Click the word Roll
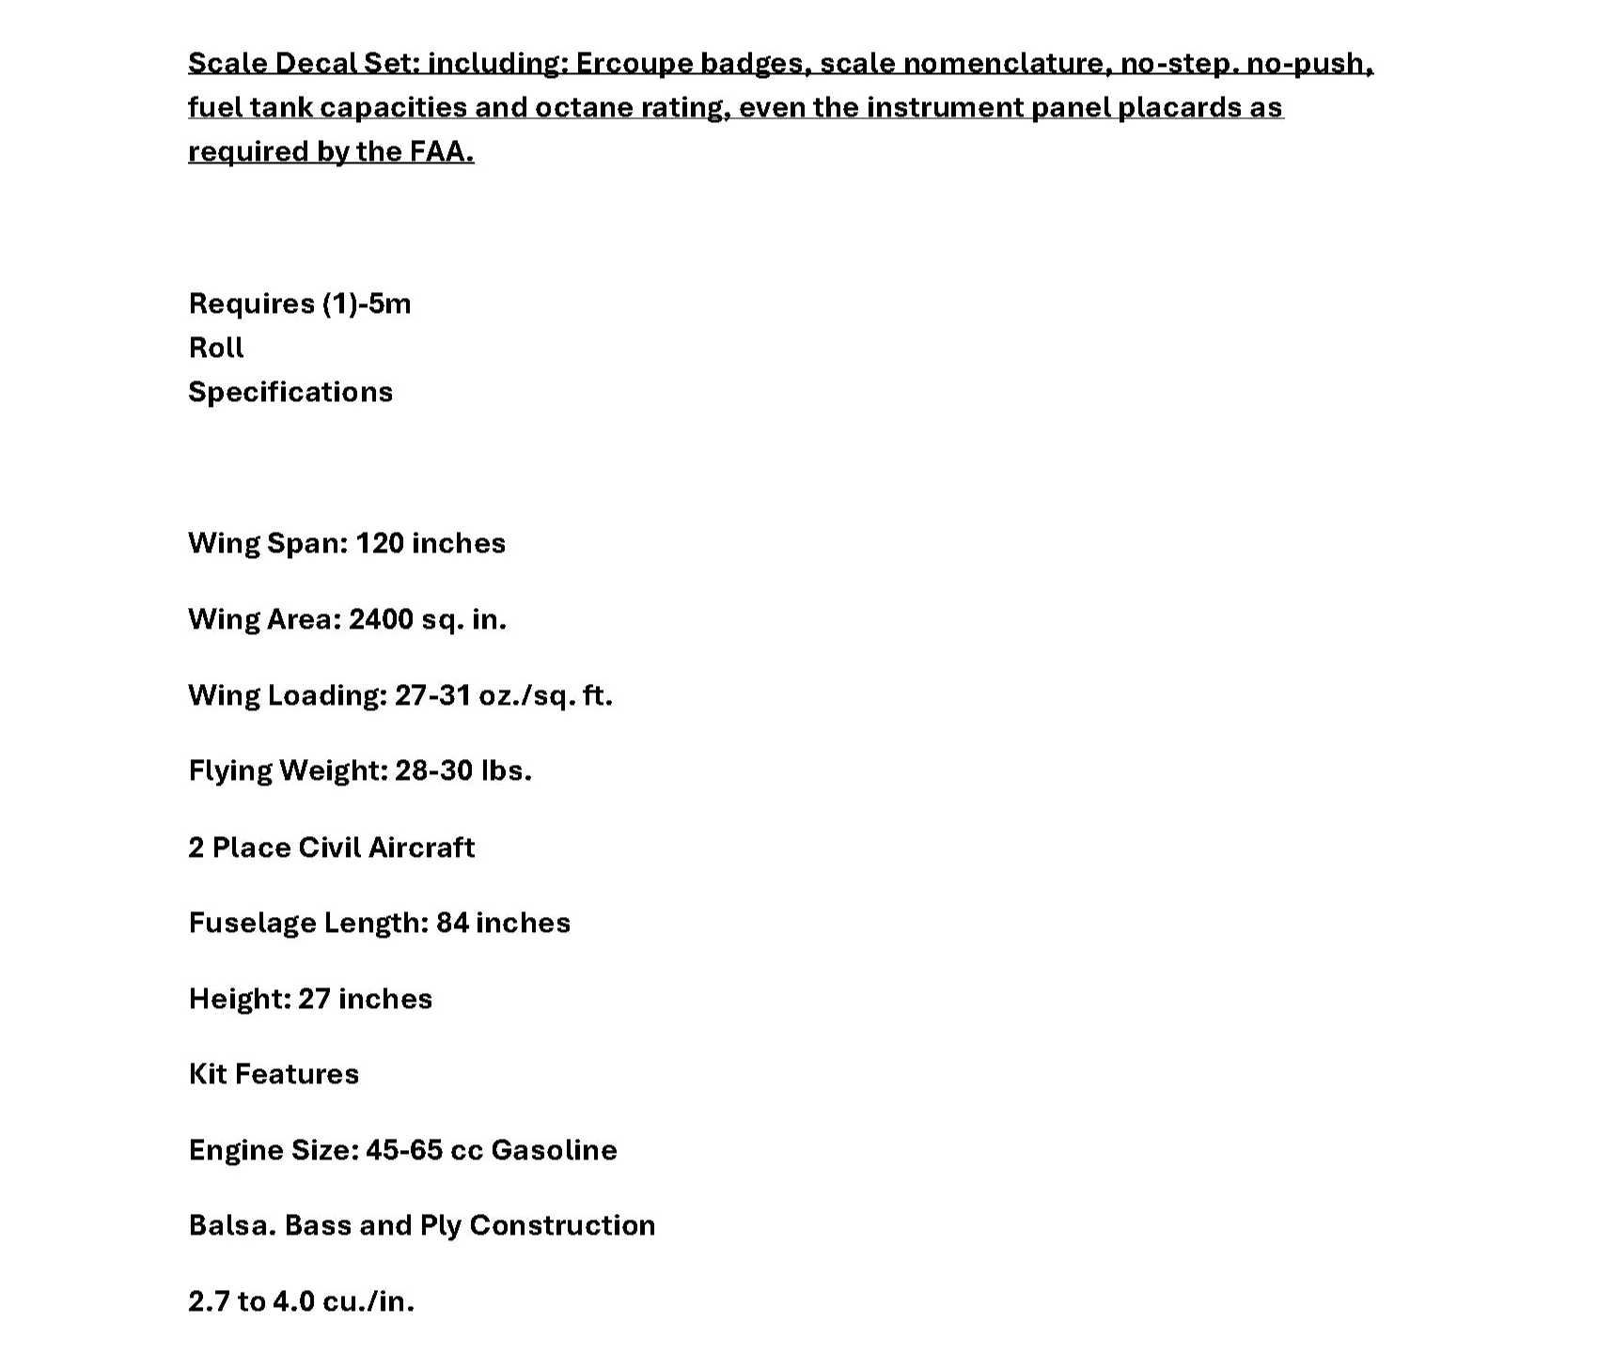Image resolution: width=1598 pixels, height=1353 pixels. (x=216, y=348)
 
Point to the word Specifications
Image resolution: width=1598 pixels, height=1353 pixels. (x=290, y=392)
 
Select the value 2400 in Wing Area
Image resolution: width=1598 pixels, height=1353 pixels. (x=381, y=619)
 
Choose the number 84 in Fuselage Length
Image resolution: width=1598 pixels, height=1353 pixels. (x=452, y=923)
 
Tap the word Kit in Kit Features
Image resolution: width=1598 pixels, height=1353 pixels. (x=208, y=1074)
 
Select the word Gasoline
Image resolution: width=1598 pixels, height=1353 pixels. (x=554, y=1150)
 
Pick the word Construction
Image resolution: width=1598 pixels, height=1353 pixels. (x=562, y=1225)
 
